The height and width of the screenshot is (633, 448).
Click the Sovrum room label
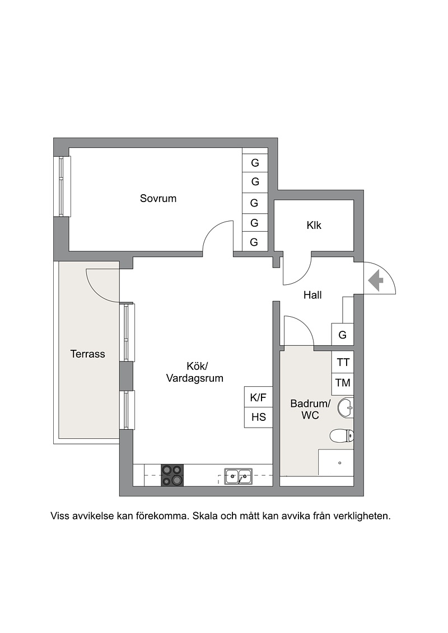[x=158, y=198]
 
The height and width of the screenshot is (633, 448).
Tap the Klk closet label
[x=314, y=225]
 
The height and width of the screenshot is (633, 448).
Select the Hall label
[x=312, y=295]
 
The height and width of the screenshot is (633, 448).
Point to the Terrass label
[x=88, y=354]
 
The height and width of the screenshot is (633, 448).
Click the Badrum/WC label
[x=310, y=409]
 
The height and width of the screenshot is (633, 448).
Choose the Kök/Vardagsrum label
[x=195, y=372]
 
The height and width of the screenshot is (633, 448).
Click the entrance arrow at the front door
[x=376, y=279]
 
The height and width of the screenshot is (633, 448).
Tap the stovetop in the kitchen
[x=172, y=475]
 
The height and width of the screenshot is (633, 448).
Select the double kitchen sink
[x=239, y=476]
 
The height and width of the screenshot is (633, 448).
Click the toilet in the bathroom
[x=342, y=436]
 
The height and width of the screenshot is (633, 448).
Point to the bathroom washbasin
[x=346, y=408]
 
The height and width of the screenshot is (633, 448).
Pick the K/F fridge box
[x=258, y=397]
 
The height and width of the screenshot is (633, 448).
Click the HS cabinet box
[x=258, y=418]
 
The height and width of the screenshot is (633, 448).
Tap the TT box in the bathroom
[x=343, y=363]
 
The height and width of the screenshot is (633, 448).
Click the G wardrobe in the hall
[x=343, y=334]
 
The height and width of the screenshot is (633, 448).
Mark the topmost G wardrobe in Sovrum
[x=255, y=163]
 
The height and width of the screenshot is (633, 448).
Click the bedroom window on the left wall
[x=62, y=186]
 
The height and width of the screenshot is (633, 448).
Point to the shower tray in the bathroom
[x=336, y=462]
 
